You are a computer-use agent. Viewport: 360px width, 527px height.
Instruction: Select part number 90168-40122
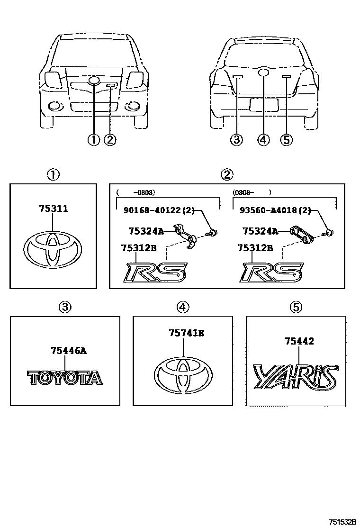click(x=159, y=211)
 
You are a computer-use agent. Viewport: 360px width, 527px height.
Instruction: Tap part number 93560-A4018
click(x=275, y=211)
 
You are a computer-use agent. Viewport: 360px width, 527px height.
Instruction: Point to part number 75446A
click(x=68, y=351)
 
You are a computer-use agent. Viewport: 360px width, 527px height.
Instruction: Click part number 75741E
click(x=187, y=334)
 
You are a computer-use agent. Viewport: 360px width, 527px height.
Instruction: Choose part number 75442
click(x=299, y=341)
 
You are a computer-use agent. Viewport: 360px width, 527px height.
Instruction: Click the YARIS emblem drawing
click(x=296, y=377)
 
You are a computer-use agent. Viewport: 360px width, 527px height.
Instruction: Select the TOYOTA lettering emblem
click(x=64, y=377)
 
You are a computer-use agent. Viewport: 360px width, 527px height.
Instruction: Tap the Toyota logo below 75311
click(x=53, y=249)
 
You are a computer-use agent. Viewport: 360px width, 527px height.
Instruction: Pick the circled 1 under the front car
click(x=93, y=140)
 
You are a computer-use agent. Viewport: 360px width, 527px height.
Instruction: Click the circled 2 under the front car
click(x=109, y=140)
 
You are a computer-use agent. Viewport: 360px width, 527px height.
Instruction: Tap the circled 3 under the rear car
click(x=236, y=140)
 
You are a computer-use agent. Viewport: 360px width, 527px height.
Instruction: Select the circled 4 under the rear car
click(x=263, y=140)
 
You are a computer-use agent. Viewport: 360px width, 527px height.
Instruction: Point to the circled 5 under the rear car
click(x=287, y=140)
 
